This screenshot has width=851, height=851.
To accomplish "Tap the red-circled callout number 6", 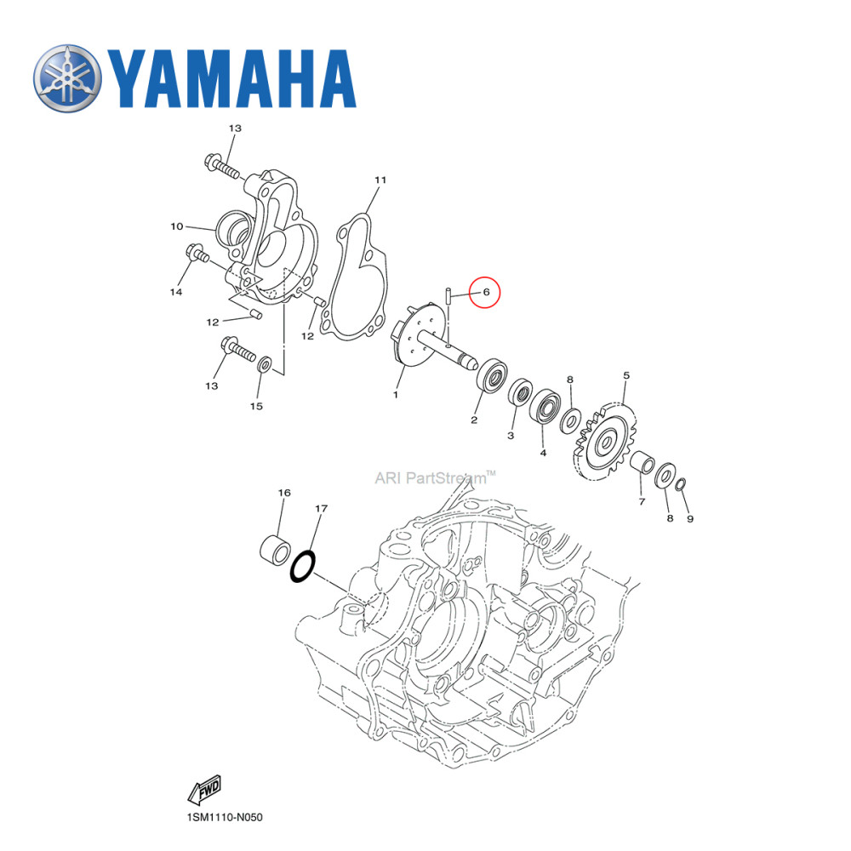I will [x=487, y=292].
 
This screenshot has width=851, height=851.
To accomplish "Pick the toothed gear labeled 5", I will [x=607, y=443].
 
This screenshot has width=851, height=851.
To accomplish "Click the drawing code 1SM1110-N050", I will [x=226, y=819].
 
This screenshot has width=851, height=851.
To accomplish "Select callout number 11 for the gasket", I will [x=380, y=180].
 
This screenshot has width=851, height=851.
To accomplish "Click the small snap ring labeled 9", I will [x=681, y=486].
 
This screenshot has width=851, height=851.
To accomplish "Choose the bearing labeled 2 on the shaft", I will [x=493, y=375].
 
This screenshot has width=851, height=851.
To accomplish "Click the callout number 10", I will [x=177, y=226].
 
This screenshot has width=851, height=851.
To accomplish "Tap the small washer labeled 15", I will [x=264, y=366].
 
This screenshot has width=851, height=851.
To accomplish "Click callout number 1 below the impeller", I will [x=396, y=395].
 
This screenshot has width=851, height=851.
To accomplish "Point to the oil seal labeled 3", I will [x=518, y=396].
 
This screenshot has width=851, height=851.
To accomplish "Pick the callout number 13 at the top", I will [x=235, y=128].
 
